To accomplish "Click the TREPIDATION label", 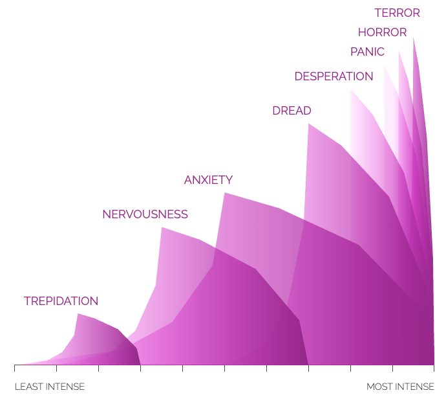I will point(61,301).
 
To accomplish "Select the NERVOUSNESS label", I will point(145,214).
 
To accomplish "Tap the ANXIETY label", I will point(208,180).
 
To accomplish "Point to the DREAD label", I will point(292,111).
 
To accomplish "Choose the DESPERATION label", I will point(334,76).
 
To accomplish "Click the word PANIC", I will point(367,52).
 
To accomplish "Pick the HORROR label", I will point(382,32).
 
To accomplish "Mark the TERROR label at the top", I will point(397,13).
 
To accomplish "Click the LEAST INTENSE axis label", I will point(49,387).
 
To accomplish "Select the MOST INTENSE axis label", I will point(400,387).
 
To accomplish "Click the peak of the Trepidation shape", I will point(78,314).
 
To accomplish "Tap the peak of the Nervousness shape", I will point(162,227).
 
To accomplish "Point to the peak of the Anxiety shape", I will point(224,193).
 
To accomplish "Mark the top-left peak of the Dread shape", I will point(308,123).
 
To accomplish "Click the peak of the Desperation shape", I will point(351,89).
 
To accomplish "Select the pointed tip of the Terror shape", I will point(414,37).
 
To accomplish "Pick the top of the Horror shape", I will point(399,52).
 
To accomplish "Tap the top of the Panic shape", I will point(385,65).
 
